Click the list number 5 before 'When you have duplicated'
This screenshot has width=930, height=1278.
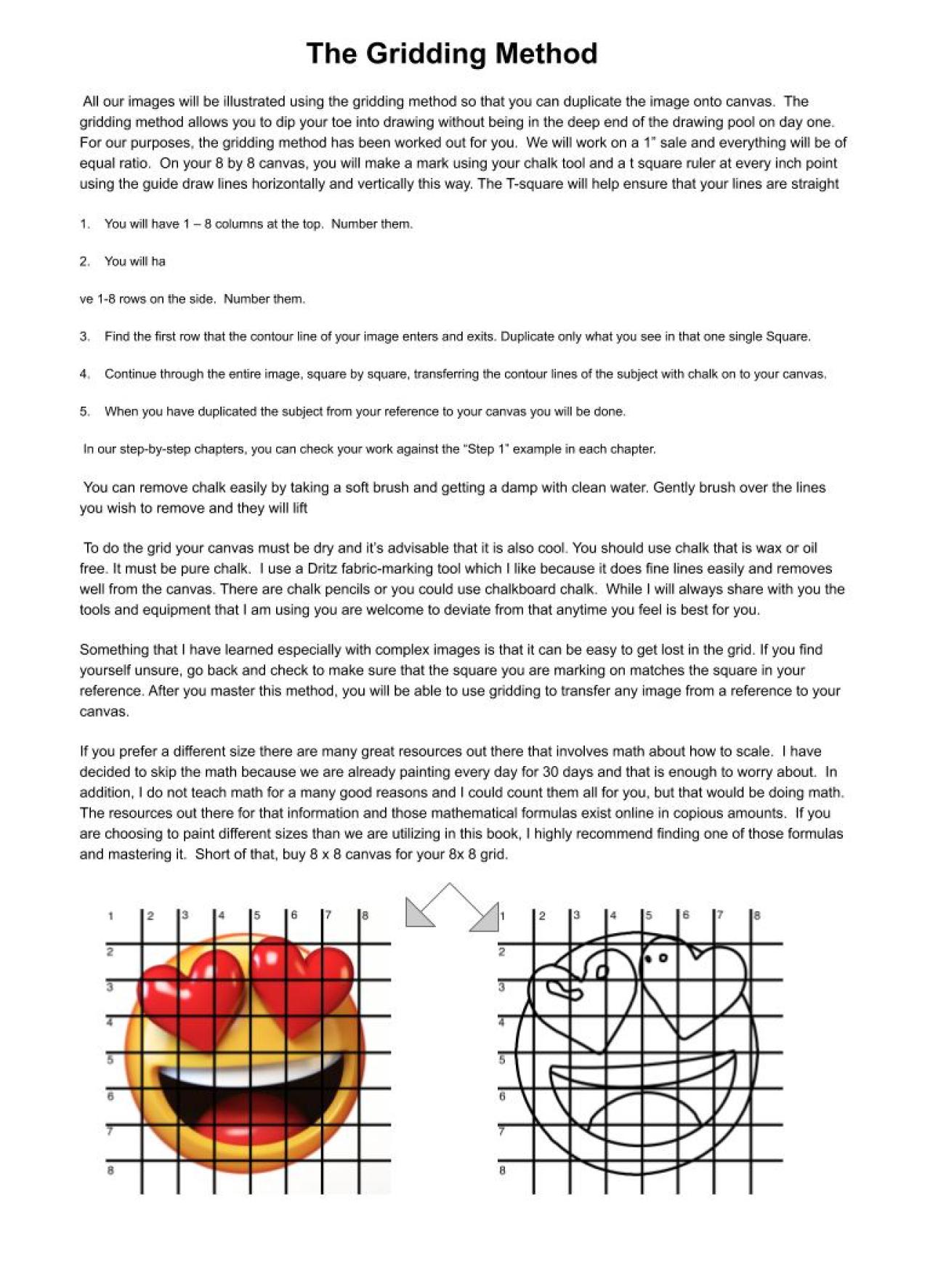coord(84,412)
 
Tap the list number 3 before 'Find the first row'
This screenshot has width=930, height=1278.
coord(84,337)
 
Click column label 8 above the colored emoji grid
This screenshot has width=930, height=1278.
coord(365,916)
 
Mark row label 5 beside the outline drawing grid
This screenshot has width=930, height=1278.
coord(502,1060)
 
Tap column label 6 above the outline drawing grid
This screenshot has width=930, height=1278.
coord(685,915)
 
